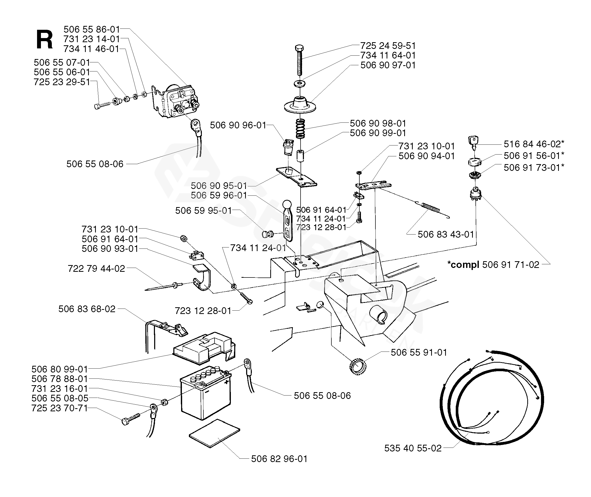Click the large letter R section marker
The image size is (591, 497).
point(45,40)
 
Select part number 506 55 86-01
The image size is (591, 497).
point(92,29)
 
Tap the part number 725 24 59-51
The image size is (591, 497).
point(388,46)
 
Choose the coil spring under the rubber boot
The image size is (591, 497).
point(301,128)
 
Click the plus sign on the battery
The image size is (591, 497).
point(226,383)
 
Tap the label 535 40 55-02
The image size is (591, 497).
point(413,448)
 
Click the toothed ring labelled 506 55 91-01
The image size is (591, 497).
point(358,367)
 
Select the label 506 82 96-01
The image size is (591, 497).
point(279,459)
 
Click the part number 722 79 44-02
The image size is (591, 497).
point(96,268)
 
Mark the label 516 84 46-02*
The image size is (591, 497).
point(534,144)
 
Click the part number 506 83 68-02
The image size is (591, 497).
point(87,309)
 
